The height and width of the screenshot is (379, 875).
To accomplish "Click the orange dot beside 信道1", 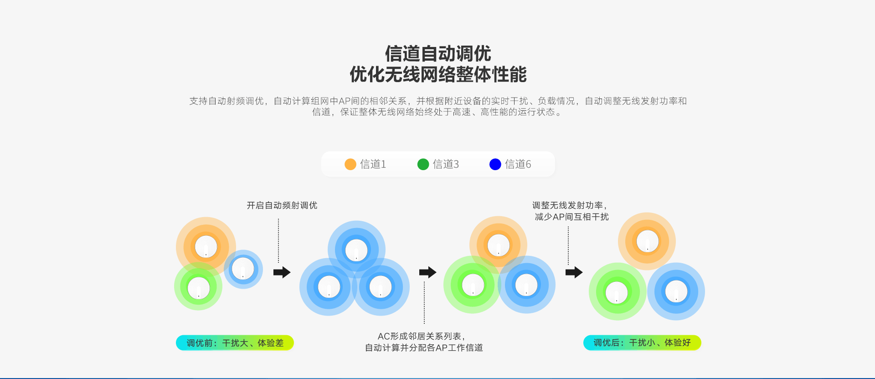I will click(x=350, y=164).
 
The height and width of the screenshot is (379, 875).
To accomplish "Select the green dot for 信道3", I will click(x=423, y=164).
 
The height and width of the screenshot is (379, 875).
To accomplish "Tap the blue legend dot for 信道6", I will click(x=495, y=164).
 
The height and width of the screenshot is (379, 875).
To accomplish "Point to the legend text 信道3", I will click(x=446, y=164).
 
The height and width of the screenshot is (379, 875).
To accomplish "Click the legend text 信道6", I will click(x=518, y=164).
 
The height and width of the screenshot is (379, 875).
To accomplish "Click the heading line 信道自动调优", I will click(x=437, y=54).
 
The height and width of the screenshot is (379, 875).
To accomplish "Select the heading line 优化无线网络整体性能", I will click(x=437, y=74).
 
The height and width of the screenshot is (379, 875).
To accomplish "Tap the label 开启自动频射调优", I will click(x=282, y=206).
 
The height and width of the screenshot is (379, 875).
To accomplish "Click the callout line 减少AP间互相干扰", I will click(x=571, y=217).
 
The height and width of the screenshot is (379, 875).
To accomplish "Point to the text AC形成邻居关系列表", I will click(x=421, y=337).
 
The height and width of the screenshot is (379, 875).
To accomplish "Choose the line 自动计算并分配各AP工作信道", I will click(x=424, y=348).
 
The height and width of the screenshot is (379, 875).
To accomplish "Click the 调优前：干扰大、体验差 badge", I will click(x=235, y=343).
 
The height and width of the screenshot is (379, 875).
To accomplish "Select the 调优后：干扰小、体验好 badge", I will click(x=642, y=343).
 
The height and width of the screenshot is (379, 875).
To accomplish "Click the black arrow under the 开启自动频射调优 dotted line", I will click(x=282, y=272).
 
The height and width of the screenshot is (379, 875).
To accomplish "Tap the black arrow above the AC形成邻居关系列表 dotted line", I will click(x=427, y=272).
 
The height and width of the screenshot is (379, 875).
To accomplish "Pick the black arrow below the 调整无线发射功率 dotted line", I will click(x=574, y=272).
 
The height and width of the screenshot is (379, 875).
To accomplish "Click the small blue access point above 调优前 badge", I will click(x=243, y=269).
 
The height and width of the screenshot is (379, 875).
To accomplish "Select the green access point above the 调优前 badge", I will click(x=199, y=288).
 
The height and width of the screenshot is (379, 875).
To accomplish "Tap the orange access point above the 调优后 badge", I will click(x=647, y=241).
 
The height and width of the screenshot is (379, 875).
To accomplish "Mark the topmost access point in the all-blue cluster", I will click(x=356, y=250).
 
